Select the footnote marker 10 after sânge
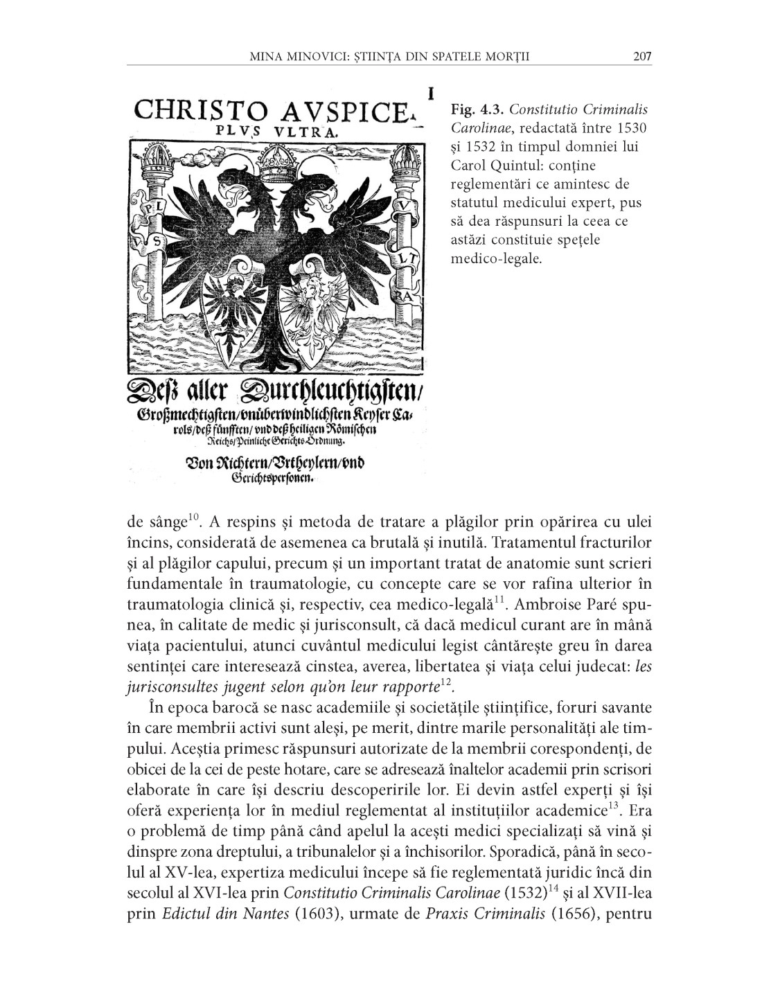193,517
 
